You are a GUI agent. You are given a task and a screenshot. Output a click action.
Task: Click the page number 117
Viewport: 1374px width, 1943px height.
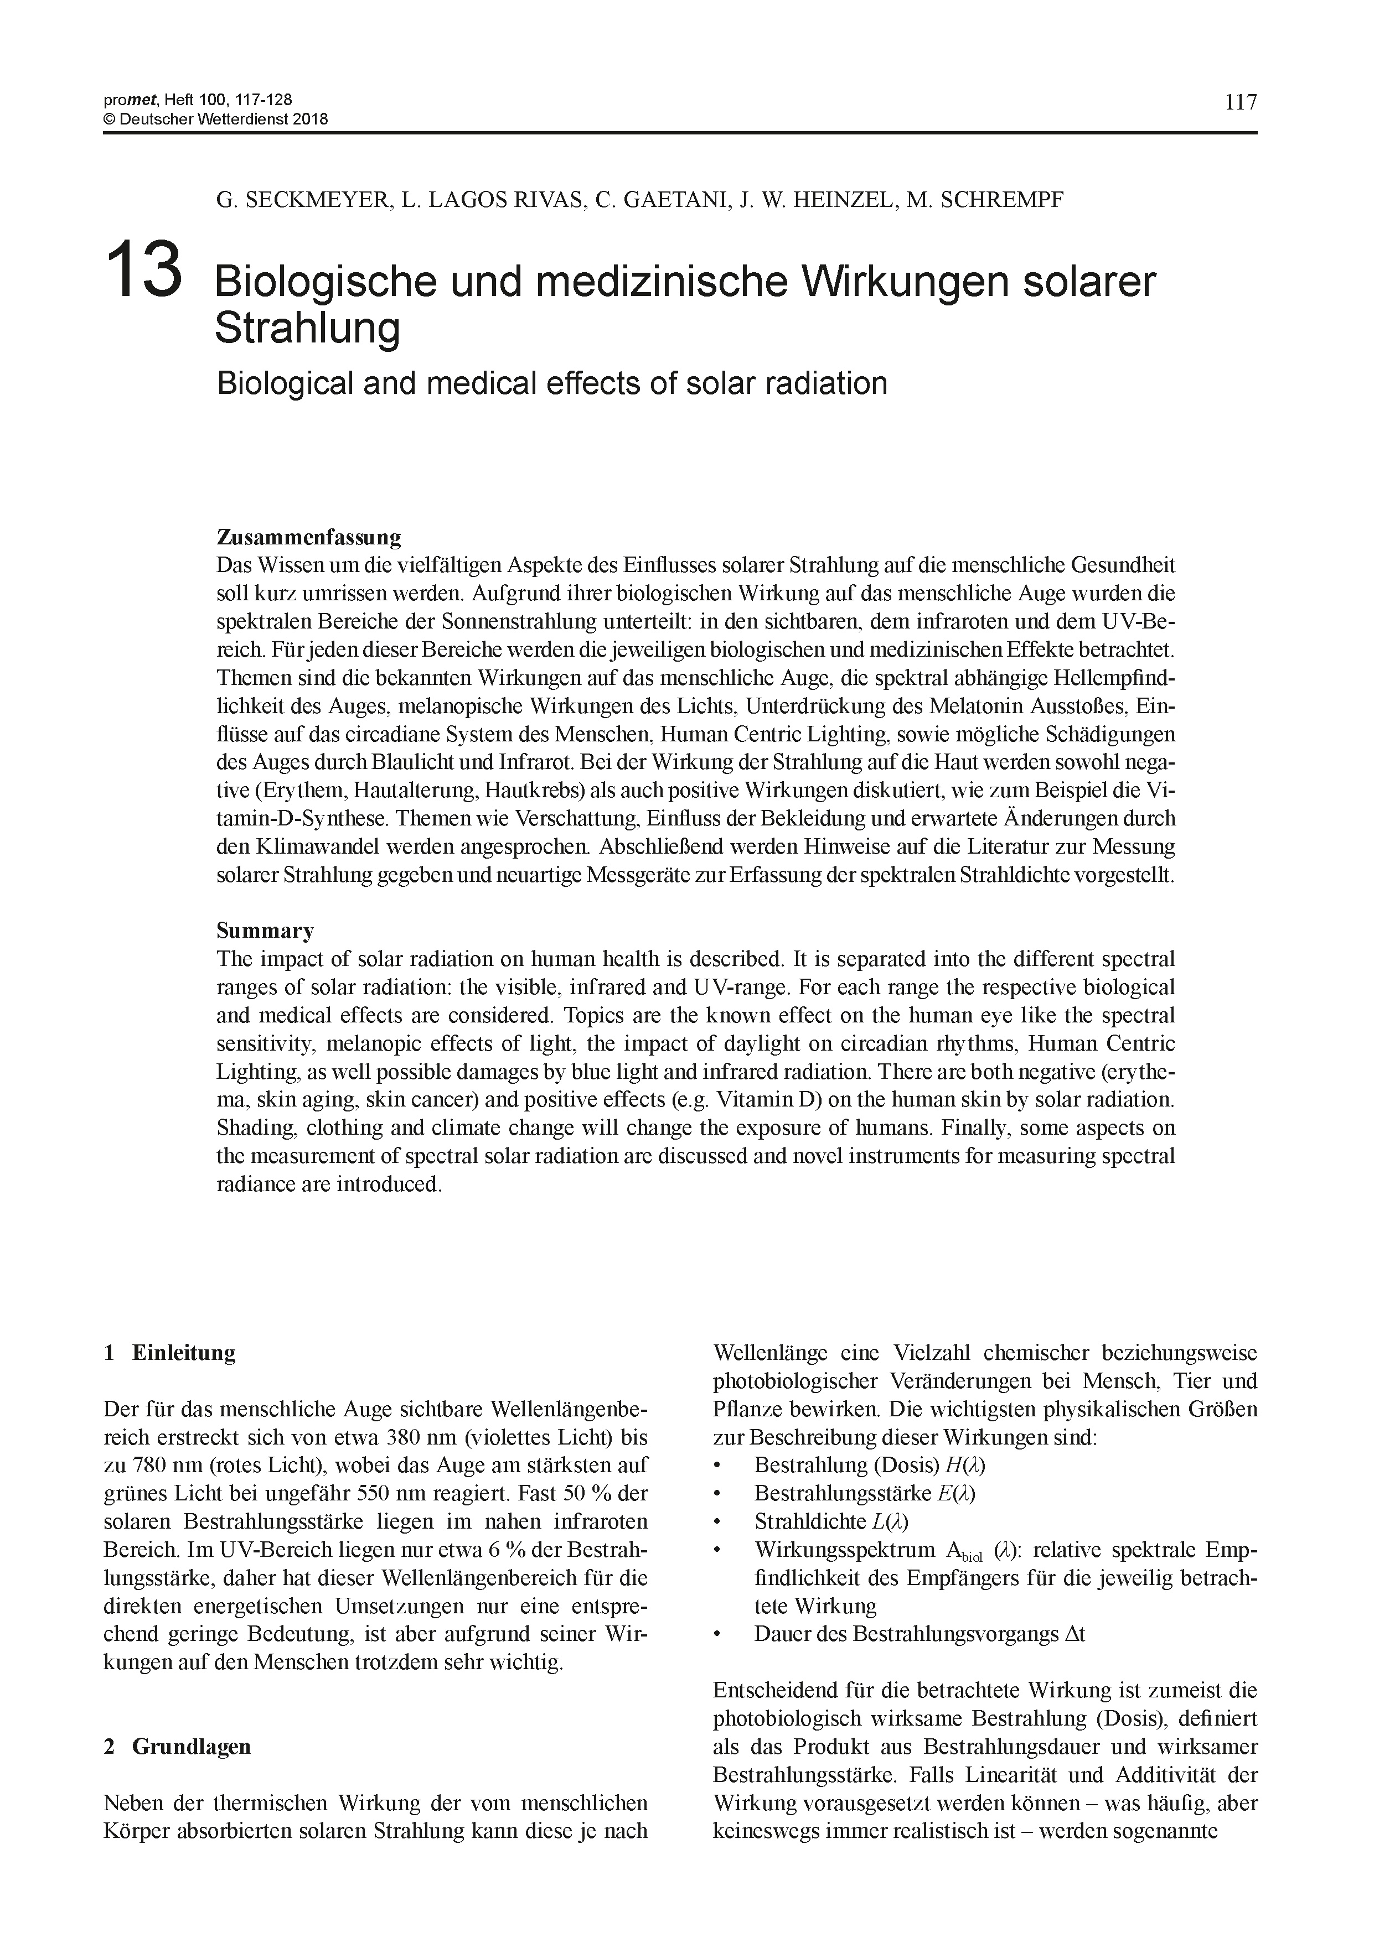[x=1240, y=102]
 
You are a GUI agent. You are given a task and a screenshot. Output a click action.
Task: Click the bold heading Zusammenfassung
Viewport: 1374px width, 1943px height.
[x=308, y=537]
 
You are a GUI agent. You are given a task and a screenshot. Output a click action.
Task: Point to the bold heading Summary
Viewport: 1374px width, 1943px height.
[x=265, y=931]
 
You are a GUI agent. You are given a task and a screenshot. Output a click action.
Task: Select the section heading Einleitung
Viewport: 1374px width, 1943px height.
[x=184, y=1352]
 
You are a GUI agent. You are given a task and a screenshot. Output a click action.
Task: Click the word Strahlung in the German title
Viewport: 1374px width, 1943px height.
[x=307, y=328]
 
